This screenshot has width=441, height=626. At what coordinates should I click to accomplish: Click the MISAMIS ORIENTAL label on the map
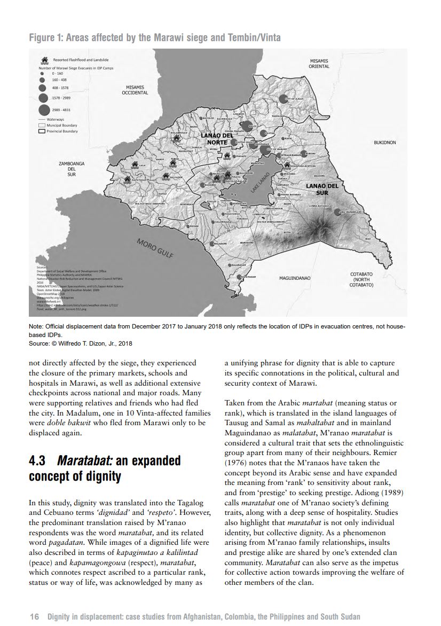click(x=319, y=64)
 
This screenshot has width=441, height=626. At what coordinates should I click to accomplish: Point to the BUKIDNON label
click(x=384, y=143)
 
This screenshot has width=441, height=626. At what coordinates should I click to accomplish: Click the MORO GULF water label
click(x=155, y=248)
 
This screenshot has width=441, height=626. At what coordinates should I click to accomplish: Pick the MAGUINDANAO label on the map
click(x=295, y=278)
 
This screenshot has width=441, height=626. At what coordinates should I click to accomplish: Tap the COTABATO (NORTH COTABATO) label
click(x=361, y=280)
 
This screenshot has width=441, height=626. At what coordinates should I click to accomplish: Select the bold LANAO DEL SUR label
click(x=322, y=189)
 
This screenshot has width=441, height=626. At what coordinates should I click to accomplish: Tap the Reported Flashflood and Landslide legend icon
click(x=44, y=61)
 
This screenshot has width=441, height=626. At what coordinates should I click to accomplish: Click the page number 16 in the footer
click(x=35, y=616)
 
